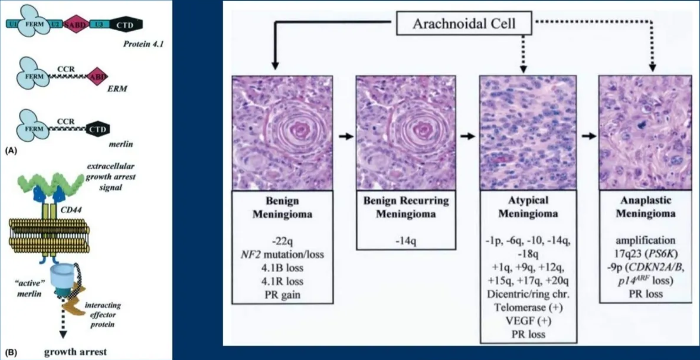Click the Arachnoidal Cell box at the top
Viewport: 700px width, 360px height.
tap(463, 24)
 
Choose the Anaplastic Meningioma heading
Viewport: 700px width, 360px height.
tap(645, 207)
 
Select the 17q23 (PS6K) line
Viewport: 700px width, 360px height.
tap(645, 255)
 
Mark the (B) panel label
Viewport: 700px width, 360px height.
tap(10, 354)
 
